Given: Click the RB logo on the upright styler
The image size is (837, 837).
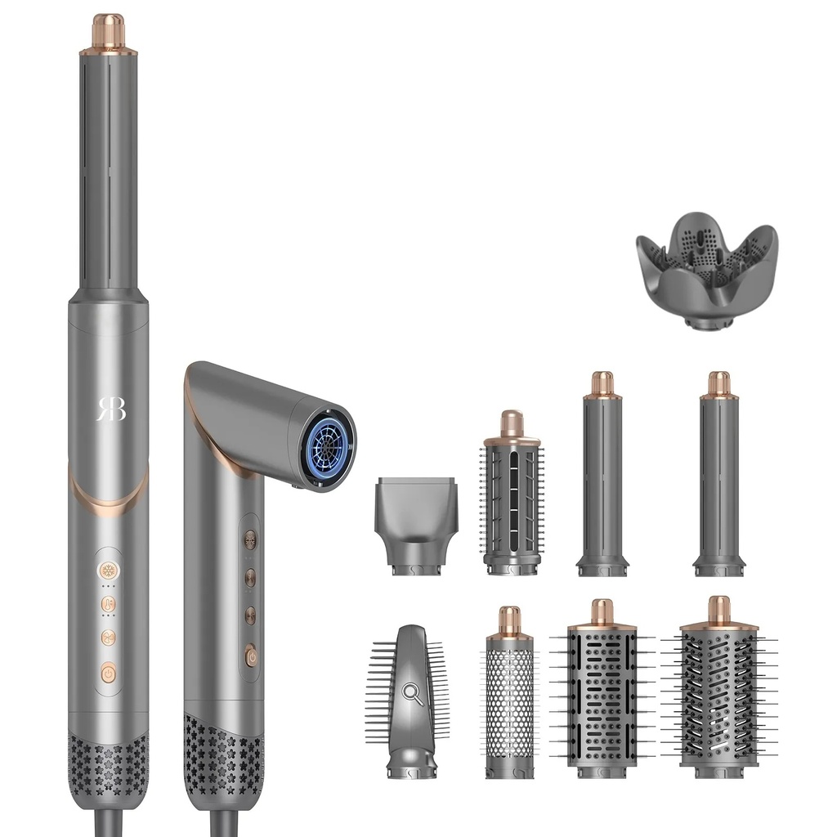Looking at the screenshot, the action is (111, 409).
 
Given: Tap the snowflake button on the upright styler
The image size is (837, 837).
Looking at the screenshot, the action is (109, 571).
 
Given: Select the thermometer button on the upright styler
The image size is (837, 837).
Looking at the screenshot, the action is (109, 604).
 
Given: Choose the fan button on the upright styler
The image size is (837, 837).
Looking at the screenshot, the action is (109, 638).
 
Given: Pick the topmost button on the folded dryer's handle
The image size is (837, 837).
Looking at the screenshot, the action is (250, 539).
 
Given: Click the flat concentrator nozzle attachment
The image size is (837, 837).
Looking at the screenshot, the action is (416, 526).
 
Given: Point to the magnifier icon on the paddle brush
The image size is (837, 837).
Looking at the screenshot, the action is (413, 694).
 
